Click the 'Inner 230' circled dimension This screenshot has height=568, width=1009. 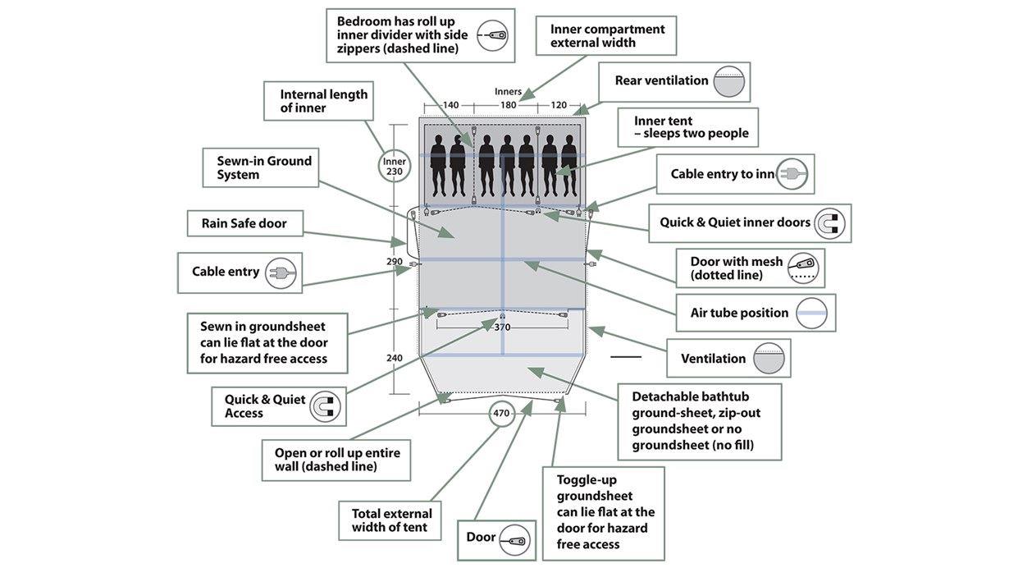[x=395, y=166]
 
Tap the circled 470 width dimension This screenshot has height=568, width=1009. [x=501, y=414]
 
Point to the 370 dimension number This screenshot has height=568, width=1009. [x=503, y=327]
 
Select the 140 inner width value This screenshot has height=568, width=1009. [x=450, y=105]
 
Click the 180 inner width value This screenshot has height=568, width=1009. [x=509, y=105]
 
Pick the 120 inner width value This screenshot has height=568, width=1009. [x=559, y=105]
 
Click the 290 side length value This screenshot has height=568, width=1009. [x=395, y=262]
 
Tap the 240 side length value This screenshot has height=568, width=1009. [x=395, y=358]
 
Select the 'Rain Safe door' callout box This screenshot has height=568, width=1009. [x=244, y=223]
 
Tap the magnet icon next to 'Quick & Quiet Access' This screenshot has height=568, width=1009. [x=325, y=406]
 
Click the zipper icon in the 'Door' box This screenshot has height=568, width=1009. [x=515, y=539]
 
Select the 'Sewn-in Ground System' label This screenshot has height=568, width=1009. [x=264, y=167]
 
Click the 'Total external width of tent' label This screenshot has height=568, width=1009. [x=391, y=520]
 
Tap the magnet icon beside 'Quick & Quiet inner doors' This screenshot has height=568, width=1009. [x=829, y=223]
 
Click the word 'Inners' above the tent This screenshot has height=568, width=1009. [x=509, y=91]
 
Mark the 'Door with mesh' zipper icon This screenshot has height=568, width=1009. [x=804, y=268]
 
